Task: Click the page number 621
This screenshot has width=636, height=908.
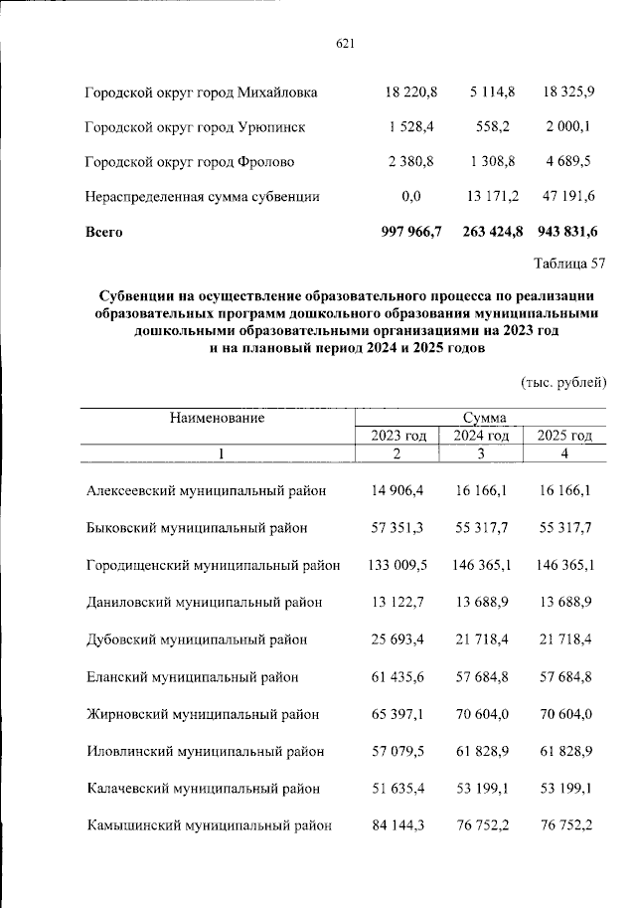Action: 346,43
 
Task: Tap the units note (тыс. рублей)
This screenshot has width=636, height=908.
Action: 562,382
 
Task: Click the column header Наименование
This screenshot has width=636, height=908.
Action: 217,418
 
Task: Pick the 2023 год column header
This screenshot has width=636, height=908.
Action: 398,436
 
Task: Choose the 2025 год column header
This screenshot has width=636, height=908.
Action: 563,436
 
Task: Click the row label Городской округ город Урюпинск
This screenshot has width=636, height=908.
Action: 195,128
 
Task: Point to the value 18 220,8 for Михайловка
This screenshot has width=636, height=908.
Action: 411,93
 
